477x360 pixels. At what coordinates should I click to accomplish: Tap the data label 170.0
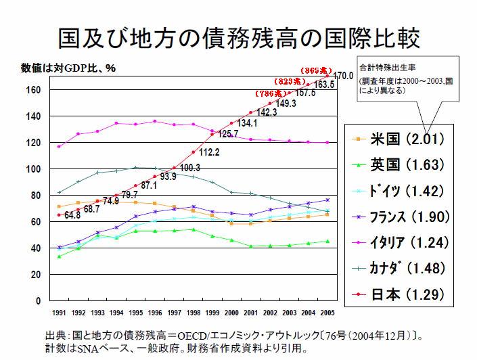[344, 75]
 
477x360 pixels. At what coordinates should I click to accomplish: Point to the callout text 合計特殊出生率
[385, 68]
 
